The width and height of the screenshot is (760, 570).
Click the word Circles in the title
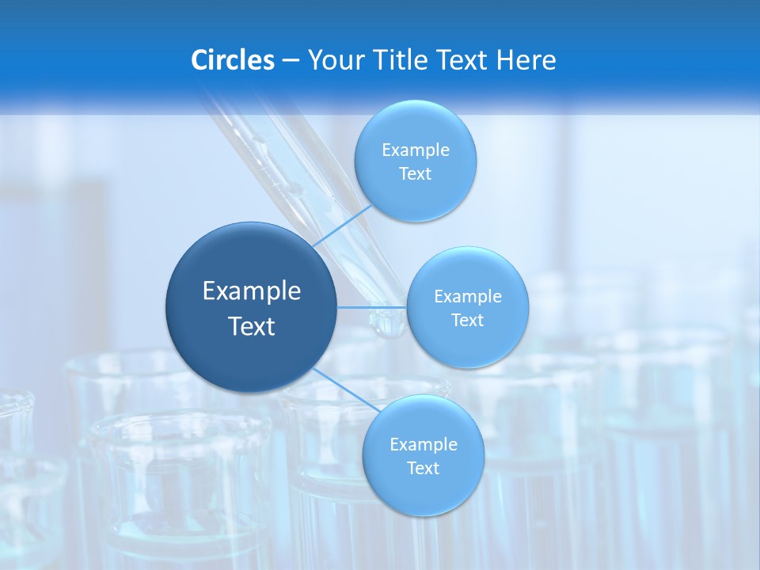coord(232,60)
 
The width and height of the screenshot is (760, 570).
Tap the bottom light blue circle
coord(424,491)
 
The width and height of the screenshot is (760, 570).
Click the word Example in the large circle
coord(252,291)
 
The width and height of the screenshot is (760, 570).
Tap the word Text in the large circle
coord(252,326)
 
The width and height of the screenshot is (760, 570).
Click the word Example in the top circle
coord(416,150)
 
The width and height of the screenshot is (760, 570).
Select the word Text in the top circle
coord(416,174)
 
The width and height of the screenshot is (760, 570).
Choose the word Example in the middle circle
coord(468,297)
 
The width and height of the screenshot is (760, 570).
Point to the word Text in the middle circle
coord(468,321)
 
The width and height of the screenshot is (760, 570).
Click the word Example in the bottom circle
coord(424,445)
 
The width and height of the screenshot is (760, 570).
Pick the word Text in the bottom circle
coord(424,469)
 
